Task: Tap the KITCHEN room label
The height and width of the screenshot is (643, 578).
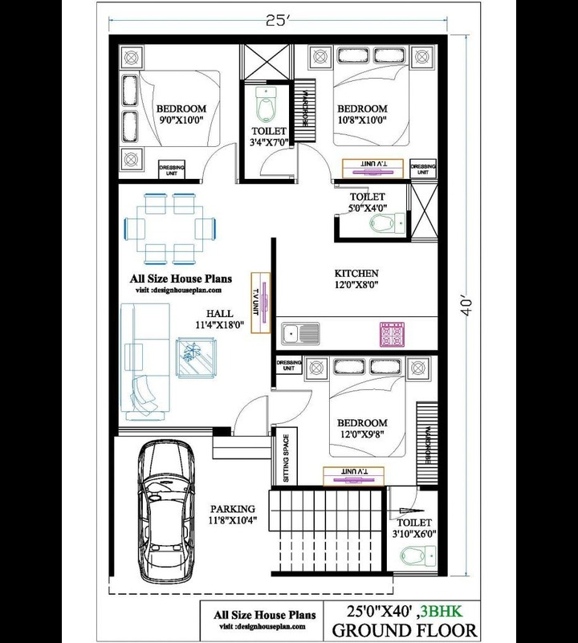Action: click(356, 273)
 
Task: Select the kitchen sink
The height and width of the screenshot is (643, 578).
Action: click(301, 333)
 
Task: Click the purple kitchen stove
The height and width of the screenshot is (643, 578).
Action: click(393, 334)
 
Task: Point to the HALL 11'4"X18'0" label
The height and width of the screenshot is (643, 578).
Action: click(220, 319)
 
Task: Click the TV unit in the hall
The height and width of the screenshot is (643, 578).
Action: click(261, 303)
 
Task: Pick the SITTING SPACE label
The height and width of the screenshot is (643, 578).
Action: click(286, 458)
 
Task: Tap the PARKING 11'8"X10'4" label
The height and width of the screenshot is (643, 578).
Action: click(233, 515)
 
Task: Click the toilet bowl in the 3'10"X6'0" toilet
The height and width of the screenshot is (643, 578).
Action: click(418, 556)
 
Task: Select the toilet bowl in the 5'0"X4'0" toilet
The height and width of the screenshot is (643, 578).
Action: click(388, 223)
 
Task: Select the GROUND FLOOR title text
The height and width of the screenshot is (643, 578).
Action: click(404, 630)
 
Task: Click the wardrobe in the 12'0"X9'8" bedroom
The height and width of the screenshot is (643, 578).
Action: click(427, 444)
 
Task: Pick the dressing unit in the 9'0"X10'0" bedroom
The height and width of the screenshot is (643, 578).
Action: click(172, 169)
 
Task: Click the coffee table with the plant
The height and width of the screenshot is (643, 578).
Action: click(196, 357)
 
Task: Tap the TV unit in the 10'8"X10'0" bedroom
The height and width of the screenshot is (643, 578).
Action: click(372, 168)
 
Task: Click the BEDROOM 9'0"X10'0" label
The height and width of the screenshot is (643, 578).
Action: click(181, 115)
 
